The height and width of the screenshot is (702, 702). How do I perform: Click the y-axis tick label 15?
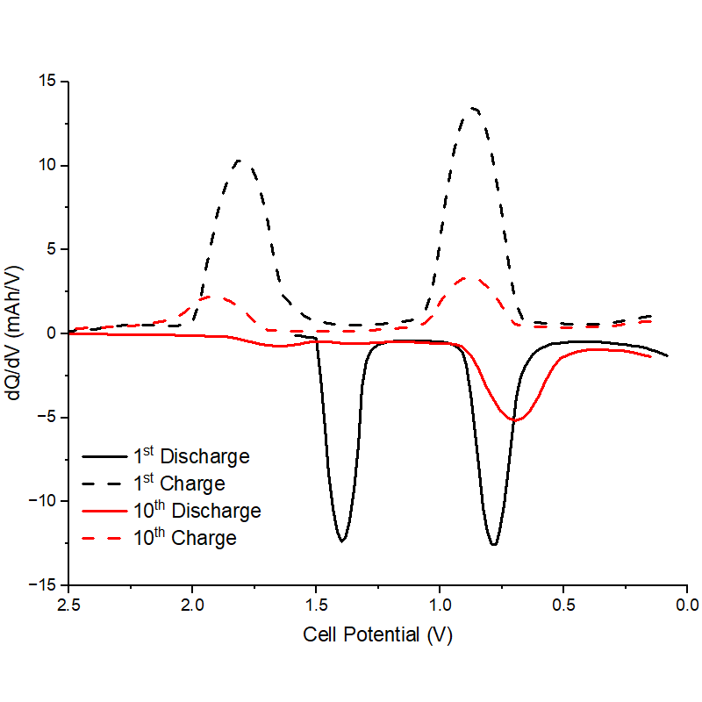coord(46,82)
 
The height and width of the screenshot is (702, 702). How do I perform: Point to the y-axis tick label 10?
coord(46,166)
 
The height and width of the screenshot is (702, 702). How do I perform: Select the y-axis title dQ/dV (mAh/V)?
coord(15,333)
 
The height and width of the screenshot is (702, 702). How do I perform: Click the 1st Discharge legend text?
coord(191,456)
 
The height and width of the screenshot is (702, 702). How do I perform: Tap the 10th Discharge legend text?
coord(197,511)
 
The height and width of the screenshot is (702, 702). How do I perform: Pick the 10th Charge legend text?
coord(184,538)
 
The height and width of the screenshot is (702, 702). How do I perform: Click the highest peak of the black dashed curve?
coord(474,108)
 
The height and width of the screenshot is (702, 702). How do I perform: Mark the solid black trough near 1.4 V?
coord(342,541)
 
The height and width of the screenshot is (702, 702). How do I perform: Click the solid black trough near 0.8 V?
coord(494,545)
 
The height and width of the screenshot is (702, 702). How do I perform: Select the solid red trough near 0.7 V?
coord(516,420)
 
